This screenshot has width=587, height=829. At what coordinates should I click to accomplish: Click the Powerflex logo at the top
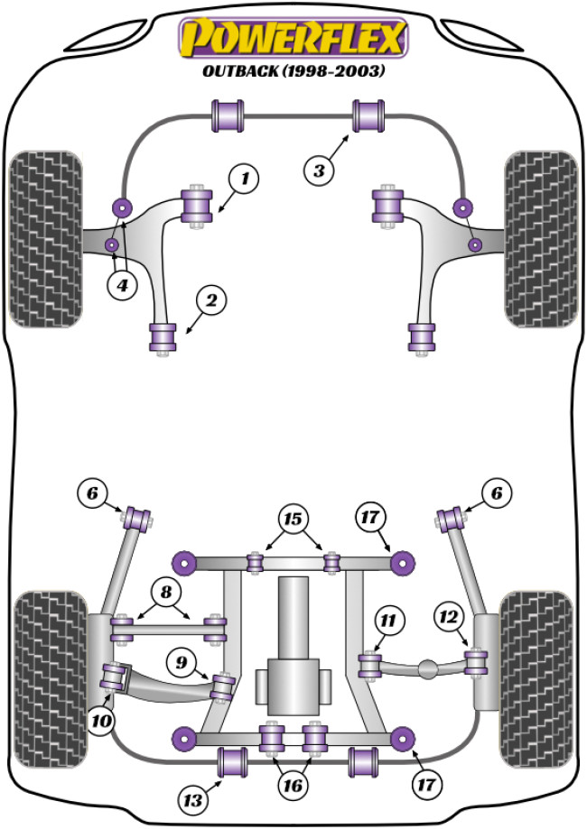point(293,40)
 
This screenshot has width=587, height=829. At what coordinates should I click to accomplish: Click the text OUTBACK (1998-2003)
point(293,72)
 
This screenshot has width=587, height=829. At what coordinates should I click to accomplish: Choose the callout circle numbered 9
point(184,664)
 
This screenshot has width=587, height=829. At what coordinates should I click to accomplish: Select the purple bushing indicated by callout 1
point(196,205)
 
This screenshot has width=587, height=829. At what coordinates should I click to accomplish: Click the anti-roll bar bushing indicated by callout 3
point(368,115)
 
